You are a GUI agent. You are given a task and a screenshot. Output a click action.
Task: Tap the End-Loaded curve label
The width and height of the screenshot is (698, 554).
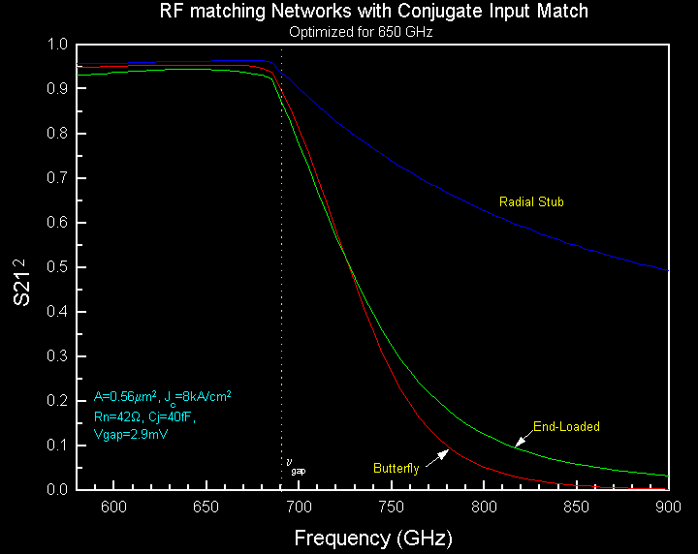pyautogui.click(x=567, y=426)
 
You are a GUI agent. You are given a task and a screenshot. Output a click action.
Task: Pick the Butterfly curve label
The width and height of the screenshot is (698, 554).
pyautogui.click(x=397, y=469)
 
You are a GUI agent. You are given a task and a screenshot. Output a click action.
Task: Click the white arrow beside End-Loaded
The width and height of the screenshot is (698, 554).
pyautogui.click(x=522, y=441)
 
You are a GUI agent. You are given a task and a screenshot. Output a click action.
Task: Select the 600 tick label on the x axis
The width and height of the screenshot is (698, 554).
pyautogui.click(x=114, y=508)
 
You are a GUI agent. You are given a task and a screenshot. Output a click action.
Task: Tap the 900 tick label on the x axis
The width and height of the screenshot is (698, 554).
pyautogui.click(x=668, y=508)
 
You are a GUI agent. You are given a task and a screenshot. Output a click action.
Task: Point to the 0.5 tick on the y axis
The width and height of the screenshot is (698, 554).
pyautogui.click(x=57, y=267)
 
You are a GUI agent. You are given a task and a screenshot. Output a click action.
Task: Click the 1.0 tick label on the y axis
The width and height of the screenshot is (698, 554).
pyautogui.click(x=57, y=45)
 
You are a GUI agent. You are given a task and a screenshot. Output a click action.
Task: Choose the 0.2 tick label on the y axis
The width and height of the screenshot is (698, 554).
pyautogui.click(x=57, y=401)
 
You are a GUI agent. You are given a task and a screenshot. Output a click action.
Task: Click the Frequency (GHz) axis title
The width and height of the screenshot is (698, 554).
pyautogui.click(x=373, y=537)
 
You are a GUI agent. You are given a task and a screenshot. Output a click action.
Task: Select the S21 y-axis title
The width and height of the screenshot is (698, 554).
pyautogui.click(x=21, y=282)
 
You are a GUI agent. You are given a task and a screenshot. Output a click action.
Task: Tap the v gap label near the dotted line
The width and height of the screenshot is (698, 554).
pyautogui.click(x=294, y=466)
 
